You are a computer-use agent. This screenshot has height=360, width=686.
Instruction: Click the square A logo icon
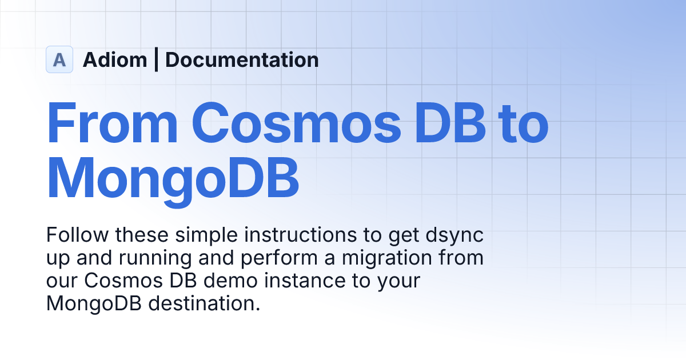[x=59, y=59]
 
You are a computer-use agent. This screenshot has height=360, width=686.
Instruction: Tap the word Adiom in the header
[x=115, y=59]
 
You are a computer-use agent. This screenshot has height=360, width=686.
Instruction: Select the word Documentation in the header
[x=242, y=59]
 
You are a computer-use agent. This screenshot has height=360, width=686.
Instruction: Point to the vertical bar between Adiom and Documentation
[x=156, y=59]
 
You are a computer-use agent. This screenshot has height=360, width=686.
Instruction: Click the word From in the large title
[x=111, y=123]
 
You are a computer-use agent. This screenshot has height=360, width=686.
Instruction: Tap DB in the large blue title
[x=449, y=123]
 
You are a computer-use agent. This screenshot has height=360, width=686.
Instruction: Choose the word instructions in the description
[x=291, y=234]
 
